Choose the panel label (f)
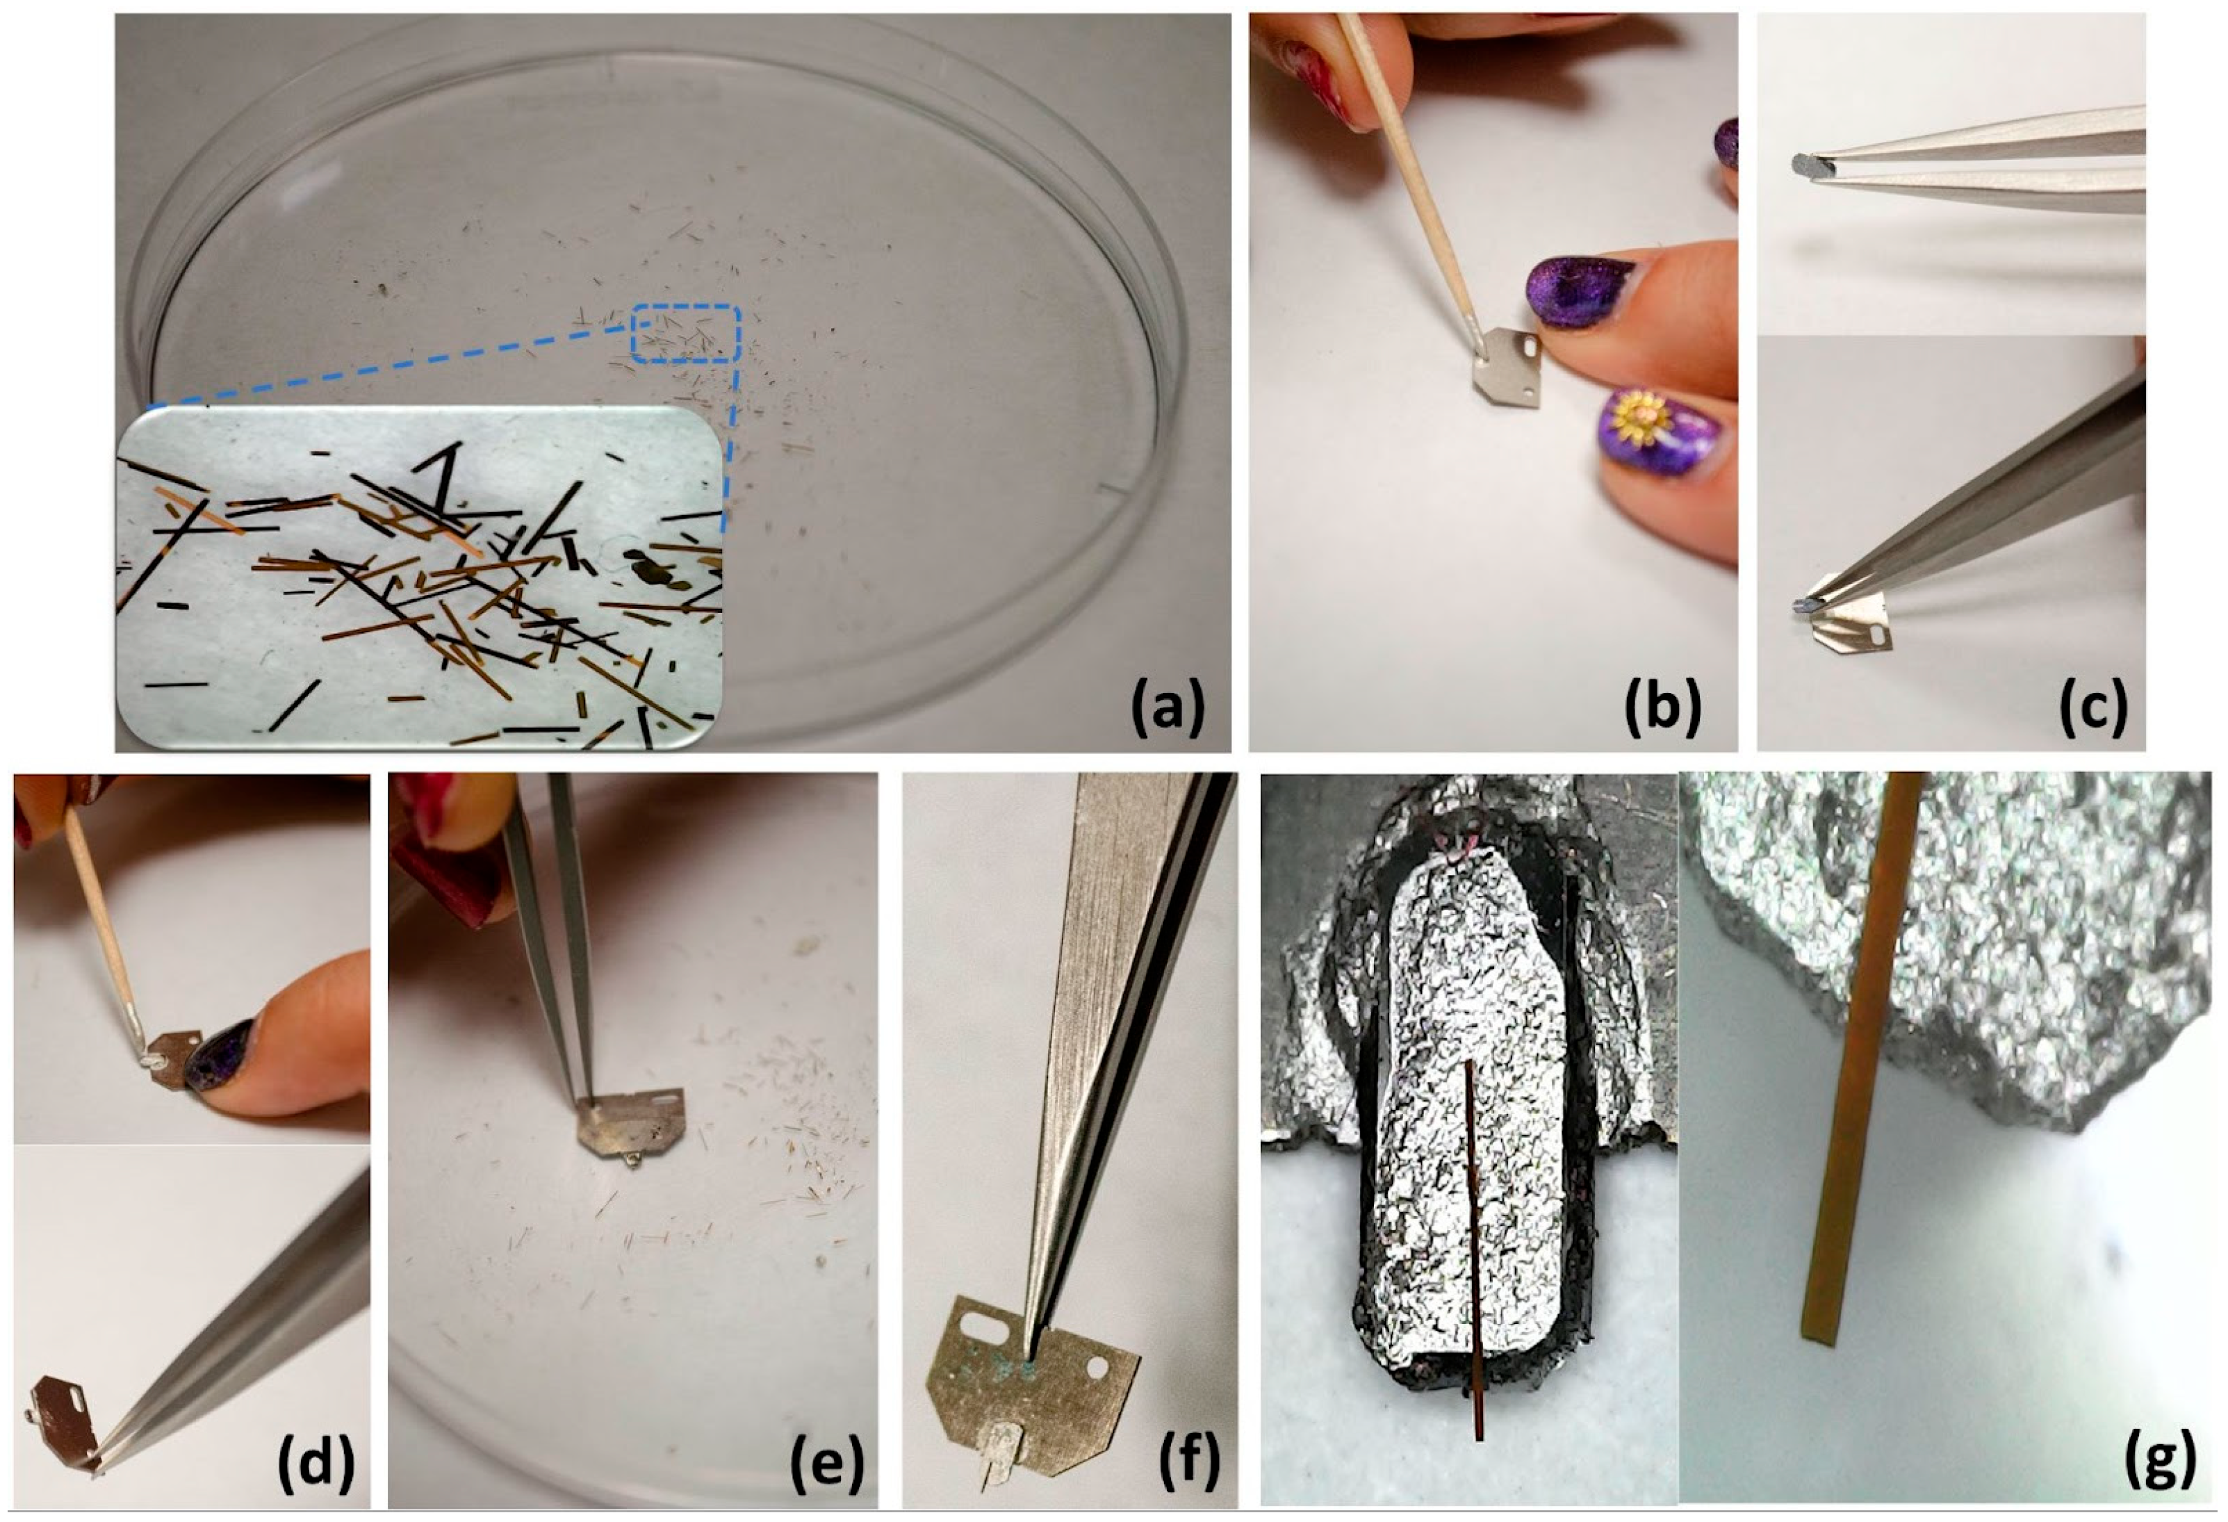click(x=1188, y=1464)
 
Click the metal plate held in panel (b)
click(x=1506, y=368)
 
